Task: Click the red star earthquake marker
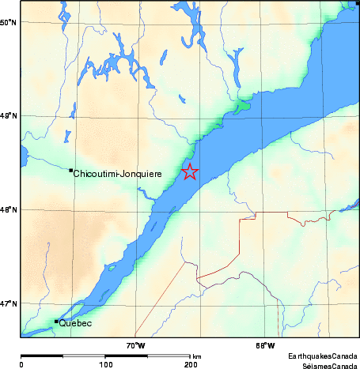[x=190, y=171]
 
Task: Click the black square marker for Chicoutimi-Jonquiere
[x=71, y=170]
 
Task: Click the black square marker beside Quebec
[x=56, y=321]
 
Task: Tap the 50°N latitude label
[x=9, y=22]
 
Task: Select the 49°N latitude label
[x=9, y=116]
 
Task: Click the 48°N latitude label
[x=9, y=210]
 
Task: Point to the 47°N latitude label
[x=9, y=304]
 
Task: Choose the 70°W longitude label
[x=135, y=345]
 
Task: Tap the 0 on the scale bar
[x=21, y=365]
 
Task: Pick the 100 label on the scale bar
[x=105, y=365]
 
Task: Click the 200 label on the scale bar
[x=191, y=365]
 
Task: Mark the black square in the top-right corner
[x=358, y=3]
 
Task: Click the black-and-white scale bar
[x=106, y=356]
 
